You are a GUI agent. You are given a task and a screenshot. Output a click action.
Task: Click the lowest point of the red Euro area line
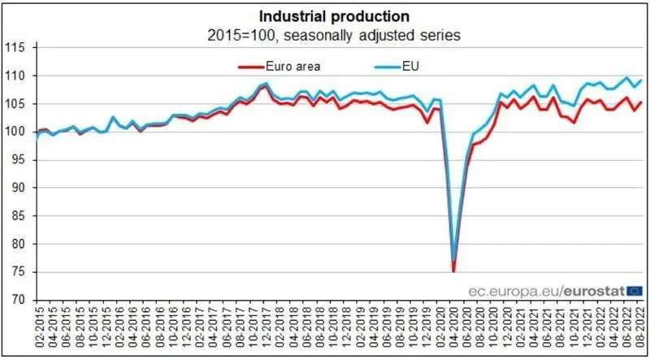click(453, 271)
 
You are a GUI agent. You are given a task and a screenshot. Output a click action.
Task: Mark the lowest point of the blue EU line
click(453, 258)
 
